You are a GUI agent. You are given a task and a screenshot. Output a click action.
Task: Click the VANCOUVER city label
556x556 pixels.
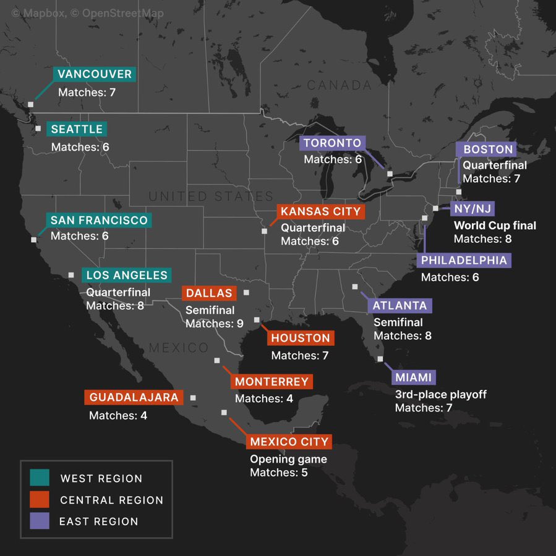94,75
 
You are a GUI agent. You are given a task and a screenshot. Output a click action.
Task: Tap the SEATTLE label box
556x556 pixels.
76,129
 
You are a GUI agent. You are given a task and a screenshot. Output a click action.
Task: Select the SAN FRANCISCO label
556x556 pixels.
99,221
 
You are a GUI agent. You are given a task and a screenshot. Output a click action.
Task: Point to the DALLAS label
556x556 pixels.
209,293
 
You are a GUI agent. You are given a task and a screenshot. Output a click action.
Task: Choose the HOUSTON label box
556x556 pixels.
301,338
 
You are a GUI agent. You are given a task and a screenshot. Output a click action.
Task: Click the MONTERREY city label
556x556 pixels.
271,382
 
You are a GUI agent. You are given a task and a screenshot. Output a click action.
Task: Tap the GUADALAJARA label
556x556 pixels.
134,397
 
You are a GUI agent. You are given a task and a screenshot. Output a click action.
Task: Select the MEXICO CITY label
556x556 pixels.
289,442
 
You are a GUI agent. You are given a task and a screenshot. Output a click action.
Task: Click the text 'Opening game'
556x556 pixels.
288,459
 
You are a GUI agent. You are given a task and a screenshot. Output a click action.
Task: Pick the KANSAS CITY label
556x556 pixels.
320,211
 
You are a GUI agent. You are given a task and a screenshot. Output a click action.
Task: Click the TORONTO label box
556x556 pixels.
332,143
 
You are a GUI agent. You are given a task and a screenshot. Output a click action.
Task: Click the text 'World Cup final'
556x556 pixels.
495,225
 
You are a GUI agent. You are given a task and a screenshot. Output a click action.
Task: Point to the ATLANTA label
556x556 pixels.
400,305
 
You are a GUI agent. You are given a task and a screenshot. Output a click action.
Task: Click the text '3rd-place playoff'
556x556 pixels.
440,394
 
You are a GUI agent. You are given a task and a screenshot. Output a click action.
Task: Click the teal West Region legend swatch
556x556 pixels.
40,478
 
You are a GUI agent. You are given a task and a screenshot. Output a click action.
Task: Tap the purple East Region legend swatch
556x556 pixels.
40,521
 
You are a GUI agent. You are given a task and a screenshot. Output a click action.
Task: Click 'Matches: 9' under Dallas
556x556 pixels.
214,323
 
